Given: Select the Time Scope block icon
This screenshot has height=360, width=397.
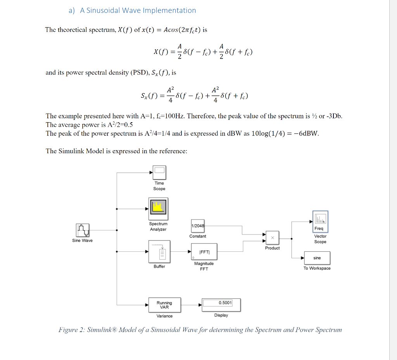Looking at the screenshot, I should click(159, 171).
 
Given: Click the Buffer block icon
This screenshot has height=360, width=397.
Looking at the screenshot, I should click(159, 251).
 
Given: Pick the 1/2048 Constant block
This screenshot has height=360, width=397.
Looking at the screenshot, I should click(198, 226).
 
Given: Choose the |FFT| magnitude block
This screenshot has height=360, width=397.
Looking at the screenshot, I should click(204, 252).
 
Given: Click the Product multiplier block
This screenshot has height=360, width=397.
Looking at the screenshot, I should click(272, 237).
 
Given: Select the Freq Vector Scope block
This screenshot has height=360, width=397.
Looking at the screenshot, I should click(320, 221).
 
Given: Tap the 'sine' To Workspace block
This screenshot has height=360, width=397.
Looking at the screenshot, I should click(317, 258).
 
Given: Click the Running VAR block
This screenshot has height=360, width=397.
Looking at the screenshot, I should click(164, 305).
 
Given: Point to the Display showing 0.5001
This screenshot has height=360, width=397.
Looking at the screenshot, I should click(221, 305).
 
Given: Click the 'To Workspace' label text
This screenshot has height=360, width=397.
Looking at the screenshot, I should click(317, 268).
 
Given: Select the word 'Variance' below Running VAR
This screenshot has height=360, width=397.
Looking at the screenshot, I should click(164, 316).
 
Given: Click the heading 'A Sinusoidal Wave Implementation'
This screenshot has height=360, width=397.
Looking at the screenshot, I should click(138, 10).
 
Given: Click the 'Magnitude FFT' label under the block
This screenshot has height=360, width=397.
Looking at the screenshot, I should click(204, 266).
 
